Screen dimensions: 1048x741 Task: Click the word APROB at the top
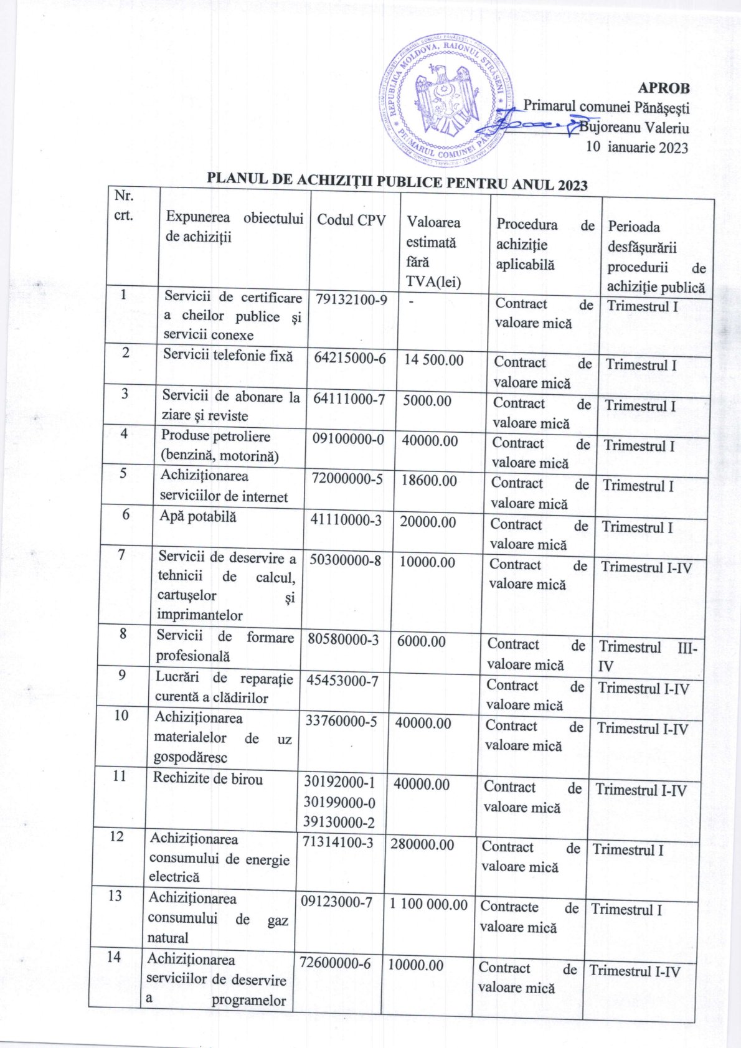(664, 88)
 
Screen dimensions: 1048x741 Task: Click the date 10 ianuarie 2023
(637, 148)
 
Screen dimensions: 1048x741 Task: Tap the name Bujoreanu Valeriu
(634, 129)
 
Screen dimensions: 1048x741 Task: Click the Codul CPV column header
(351, 220)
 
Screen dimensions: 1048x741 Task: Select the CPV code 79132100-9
(351, 300)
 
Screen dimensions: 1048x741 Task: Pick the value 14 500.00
(433, 360)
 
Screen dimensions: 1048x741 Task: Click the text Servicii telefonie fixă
(228, 356)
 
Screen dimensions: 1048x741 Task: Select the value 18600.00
(428, 481)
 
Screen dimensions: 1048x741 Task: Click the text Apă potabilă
(197, 516)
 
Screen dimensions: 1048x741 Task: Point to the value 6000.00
(421, 641)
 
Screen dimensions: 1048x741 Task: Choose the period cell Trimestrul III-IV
(647, 656)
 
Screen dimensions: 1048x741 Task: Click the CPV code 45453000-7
(342, 681)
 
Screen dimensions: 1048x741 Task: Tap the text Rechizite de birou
(208, 779)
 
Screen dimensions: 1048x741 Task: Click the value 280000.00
(422, 845)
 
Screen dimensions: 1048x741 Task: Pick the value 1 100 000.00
(428, 905)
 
